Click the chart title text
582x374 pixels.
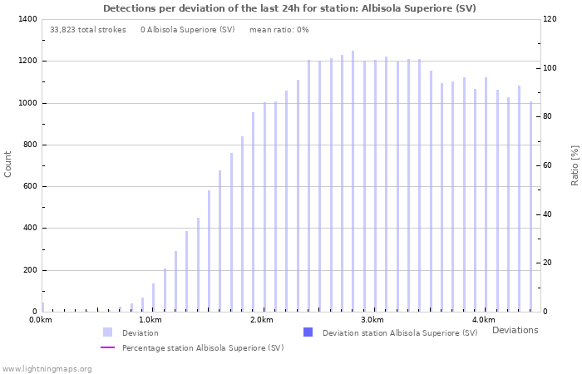pyautogui.click(x=289, y=8)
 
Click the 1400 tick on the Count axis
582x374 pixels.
pyautogui.click(x=26, y=19)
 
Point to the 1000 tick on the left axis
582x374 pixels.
pyautogui.click(x=26, y=103)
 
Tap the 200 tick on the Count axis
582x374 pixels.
pyautogui.click(x=28, y=270)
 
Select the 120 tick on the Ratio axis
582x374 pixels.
pyautogui.click(x=550, y=19)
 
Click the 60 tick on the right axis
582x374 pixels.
pyautogui.click(x=547, y=165)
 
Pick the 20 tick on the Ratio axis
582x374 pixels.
pyautogui.click(x=547, y=263)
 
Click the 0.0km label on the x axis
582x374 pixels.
pyautogui.click(x=39, y=320)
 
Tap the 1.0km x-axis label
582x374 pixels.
pyautogui.click(x=150, y=320)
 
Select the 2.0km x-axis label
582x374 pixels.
pyautogui.click(x=261, y=320)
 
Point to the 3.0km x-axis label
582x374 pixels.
pyautogui.click(x=372, y=320)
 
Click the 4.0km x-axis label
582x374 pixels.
pyautogui.click(x=483, y=320)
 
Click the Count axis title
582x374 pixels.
pyautogui.click(x=8, y=164)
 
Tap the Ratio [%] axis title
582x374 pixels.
pyautogui.click(x=575, y=165)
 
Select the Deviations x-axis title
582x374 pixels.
pyautogui.click(x=515, y=330)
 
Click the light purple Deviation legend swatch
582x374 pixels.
pyautogui.click(x=107, y=332)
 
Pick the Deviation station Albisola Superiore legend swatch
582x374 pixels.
pyautogui.click(x=308, y=332)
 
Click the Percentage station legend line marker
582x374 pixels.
pyautogui.click(x=107, y=347)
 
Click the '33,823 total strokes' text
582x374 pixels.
pyautogui.click(x=88, y=30)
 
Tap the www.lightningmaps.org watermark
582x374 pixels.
pyautogui.click(x=47, y=368)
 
